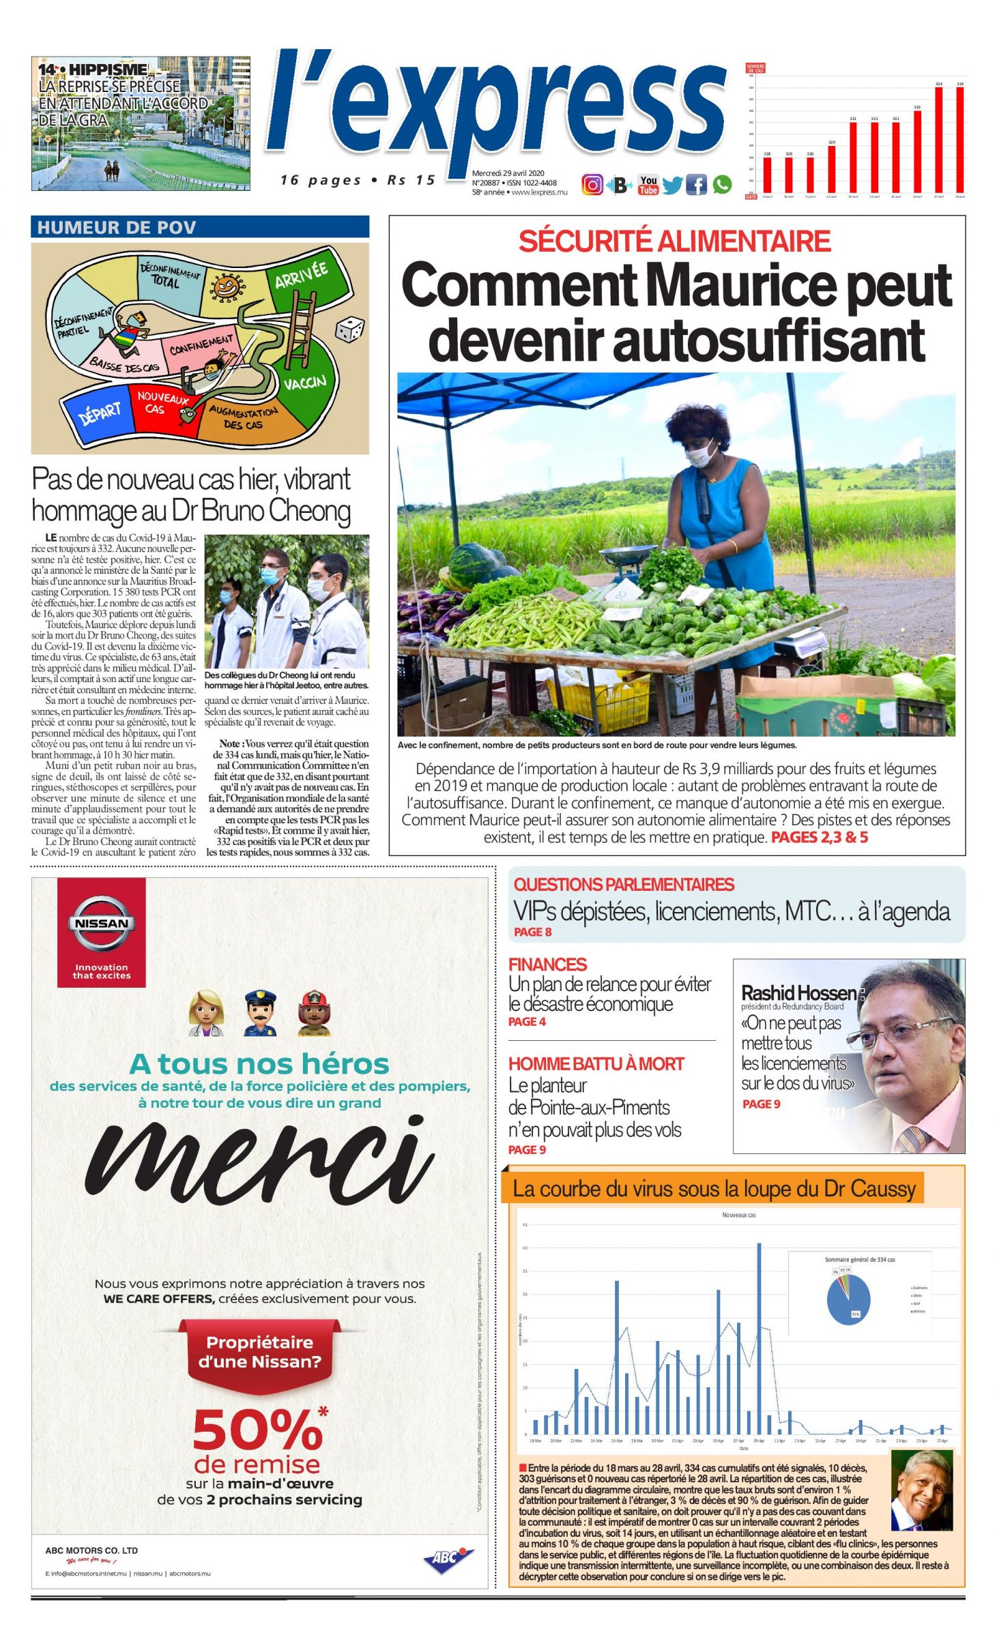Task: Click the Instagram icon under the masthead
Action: coord(592,184)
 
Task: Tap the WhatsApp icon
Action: coord(722,184)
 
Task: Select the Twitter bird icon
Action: coord(672,185)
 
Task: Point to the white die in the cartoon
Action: coord(349,330)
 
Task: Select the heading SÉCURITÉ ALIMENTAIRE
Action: coord(674,241)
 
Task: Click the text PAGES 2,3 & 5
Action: coord(819,837)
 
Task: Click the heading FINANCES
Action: coord(547,964)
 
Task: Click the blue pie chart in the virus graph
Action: coord(848,1299)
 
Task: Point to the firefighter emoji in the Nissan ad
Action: coord(314,1013)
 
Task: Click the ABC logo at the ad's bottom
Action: coord(448,1559)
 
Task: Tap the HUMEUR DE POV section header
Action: coord(117,227)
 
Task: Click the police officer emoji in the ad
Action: coord(259,1013)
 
